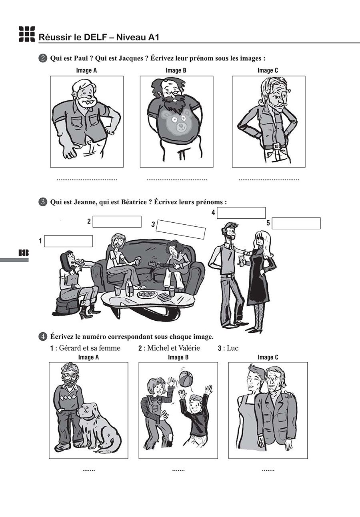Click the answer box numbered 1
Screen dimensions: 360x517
coord(68,241)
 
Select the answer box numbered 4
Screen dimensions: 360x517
coord(241,213)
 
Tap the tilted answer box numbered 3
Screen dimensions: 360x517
coord(181,229)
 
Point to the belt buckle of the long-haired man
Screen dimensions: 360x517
coord(276,146)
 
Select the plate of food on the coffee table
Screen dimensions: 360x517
coord(147,294)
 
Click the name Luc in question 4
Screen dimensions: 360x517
coord(232,348)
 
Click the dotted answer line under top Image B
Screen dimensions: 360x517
coord(177,180)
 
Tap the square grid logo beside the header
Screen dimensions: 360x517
coord(27,34)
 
